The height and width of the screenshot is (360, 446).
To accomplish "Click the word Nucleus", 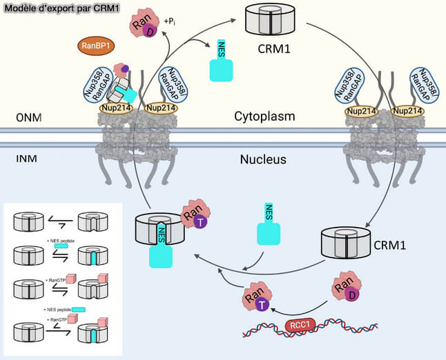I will coord(263,161).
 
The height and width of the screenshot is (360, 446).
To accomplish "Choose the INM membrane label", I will coord(26,160).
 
